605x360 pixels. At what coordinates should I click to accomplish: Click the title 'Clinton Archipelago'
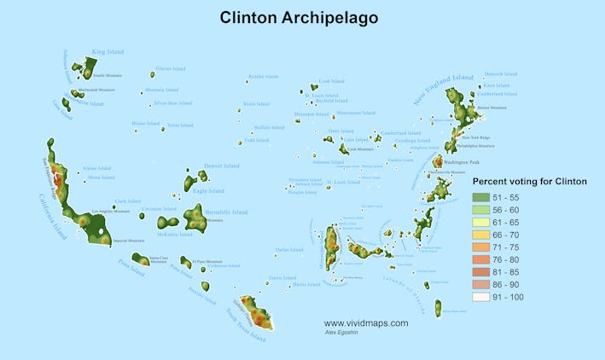click(299, 17)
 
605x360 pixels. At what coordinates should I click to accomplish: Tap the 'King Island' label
click(108, 52)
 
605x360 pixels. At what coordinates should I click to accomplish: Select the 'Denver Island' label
click(222, 165)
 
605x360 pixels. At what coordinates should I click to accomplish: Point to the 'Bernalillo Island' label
click(227, 212)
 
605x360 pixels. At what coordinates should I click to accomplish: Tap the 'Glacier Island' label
click(170, 68)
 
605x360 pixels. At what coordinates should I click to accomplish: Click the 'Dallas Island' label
click(288, 250)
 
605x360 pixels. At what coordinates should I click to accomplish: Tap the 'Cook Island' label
click(331, 82)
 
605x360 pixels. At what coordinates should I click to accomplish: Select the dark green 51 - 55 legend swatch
click(480, 197)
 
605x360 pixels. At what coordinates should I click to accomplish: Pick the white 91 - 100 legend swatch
click(480, 297)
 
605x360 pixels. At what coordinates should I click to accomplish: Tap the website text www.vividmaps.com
click(366, 323)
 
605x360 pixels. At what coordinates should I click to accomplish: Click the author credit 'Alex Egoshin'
click(342, 332)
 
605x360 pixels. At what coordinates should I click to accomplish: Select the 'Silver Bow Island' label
click(172, 103)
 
